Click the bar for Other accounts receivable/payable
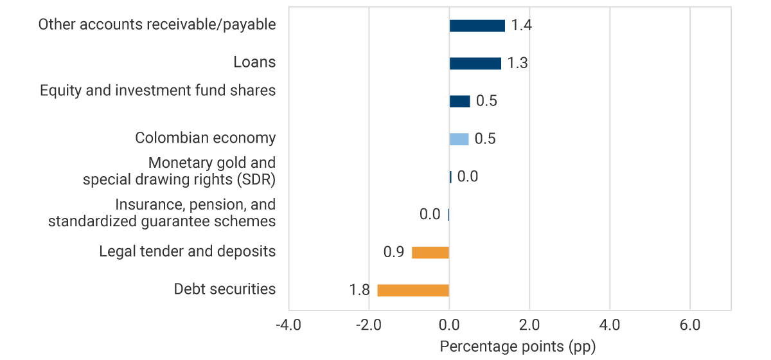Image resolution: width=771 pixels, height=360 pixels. pos(477,26)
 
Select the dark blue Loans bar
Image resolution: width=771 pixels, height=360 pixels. pos(475,63)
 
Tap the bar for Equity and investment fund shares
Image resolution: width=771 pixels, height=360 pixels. pos(459,101)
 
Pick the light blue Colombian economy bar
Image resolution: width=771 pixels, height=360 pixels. pos(459,139)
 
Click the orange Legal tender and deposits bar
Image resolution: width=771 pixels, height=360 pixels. pos(430,252)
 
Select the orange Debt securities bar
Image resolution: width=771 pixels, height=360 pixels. pos(412,290)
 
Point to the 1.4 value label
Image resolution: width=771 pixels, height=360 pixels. pos(521,26)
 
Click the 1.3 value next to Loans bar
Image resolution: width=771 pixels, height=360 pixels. pos(517,64)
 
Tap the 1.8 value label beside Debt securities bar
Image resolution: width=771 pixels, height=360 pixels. pos(359,290)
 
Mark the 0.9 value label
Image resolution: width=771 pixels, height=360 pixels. pos(393,252)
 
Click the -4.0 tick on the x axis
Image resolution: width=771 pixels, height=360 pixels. pos(288,325)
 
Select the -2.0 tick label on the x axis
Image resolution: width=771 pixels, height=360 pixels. pos(368,325)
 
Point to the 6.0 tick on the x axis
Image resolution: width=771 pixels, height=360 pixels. pos(689,325)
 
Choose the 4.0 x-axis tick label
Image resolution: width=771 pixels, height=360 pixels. pos(609,325)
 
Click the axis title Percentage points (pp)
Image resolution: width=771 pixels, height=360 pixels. pos(518,346)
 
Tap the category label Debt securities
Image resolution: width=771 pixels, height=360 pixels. pos(225,289)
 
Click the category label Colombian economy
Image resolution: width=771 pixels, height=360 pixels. pos(205,138)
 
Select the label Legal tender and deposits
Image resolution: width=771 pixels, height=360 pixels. pos(187,251)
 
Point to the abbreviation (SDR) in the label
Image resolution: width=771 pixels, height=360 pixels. pos(254,179)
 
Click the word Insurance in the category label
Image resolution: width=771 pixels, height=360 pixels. pos(144,204)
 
